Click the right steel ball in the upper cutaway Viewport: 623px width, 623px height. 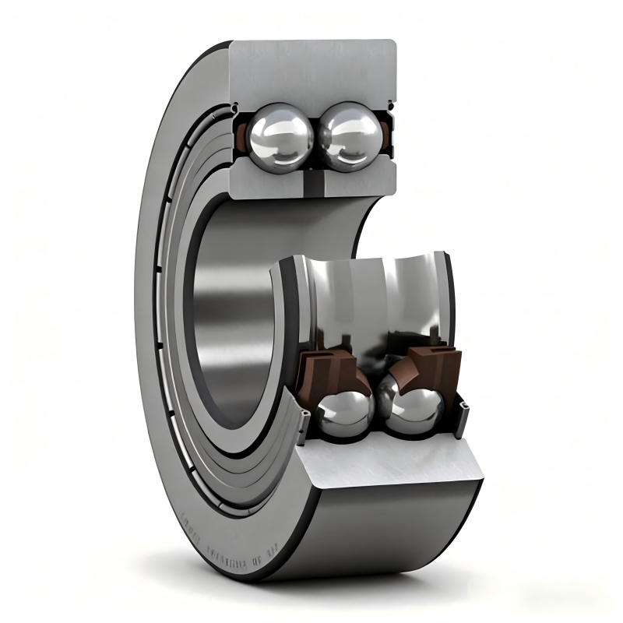point(348,135)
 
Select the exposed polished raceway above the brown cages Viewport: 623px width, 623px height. point(366,296)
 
